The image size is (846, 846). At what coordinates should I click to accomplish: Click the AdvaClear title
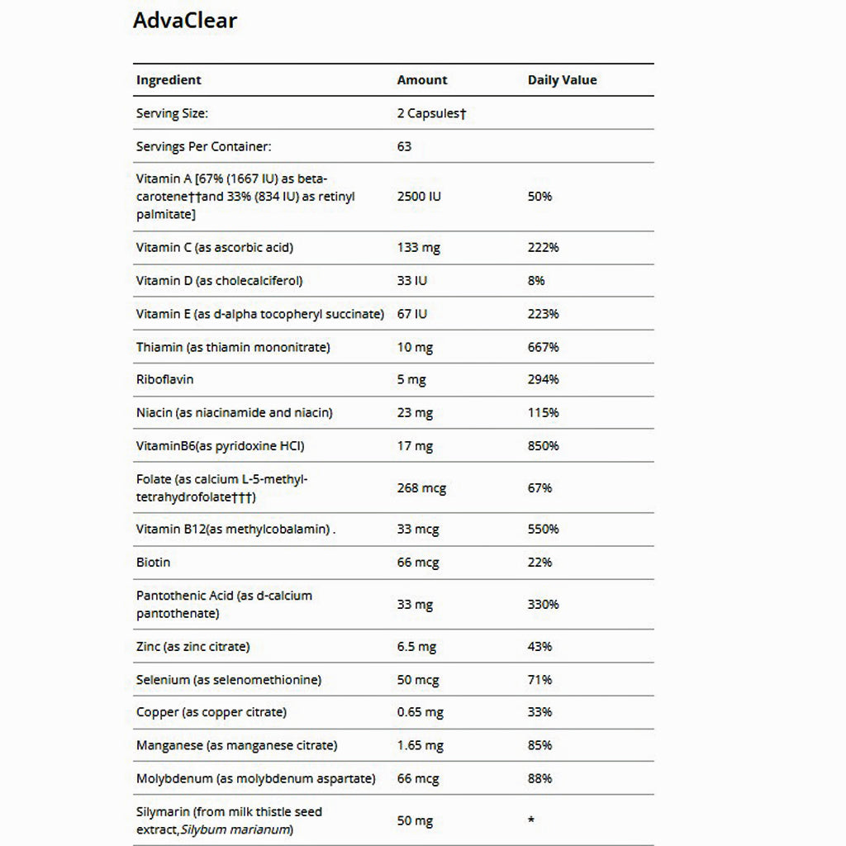[x=184, y=21]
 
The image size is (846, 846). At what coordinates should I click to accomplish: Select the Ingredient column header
[x=169, y=80]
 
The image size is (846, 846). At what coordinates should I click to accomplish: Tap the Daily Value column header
[x=562, y=80]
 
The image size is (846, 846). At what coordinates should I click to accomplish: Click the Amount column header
[x=421, y=80]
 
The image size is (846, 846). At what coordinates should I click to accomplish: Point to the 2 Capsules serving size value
[x=431, y=113]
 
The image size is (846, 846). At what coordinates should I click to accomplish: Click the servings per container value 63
[x=404, y=146]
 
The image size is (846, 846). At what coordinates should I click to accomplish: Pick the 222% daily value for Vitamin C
[x=543, y=247]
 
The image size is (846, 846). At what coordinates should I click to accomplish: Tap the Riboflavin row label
[x=164, y=379]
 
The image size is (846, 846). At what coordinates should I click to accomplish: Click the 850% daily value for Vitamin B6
[x=543, y=445]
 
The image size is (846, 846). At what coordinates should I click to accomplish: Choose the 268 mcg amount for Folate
[x=421, y=488]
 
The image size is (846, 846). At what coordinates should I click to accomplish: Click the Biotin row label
[x=153, y=562]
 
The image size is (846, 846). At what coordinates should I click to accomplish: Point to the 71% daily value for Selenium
[x=539, y=680]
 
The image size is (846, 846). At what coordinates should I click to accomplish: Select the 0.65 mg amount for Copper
[x=420, y=712]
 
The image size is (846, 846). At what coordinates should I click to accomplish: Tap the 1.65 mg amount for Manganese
[x=420, y=745]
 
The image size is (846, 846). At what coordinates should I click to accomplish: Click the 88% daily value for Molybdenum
[x=539, y=778]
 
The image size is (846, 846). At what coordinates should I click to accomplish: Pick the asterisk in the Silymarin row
[x=531, y=820]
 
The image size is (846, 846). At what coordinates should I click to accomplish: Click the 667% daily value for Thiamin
[x=543, y=347]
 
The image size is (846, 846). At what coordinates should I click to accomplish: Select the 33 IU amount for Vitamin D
[x=411, y=280]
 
